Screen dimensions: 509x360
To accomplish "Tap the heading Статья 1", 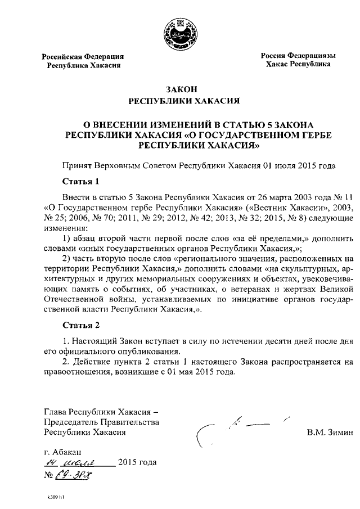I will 80,181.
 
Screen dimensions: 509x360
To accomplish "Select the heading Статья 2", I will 80,326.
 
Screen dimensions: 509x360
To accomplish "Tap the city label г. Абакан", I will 62,452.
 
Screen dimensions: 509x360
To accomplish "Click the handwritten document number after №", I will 73,474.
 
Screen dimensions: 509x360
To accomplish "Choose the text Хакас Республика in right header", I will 298,64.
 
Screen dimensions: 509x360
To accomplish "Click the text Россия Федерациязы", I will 298,56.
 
